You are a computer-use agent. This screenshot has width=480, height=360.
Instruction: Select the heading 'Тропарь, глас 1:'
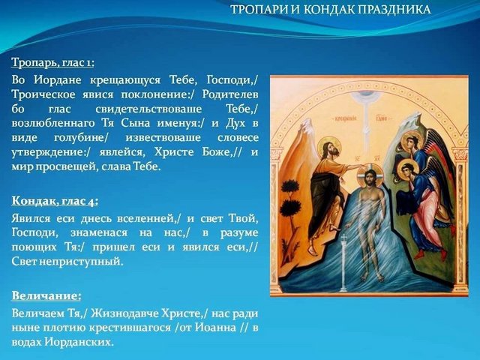[52, 63]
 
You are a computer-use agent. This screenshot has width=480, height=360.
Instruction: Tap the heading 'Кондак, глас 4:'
[55, 202]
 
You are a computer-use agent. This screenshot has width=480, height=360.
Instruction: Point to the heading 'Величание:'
[46, 296]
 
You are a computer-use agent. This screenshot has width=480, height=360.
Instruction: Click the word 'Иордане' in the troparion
[58, 80]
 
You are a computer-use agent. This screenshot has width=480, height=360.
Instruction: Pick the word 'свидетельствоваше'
[148, 109]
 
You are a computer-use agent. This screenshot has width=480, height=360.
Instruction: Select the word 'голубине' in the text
[81, 138]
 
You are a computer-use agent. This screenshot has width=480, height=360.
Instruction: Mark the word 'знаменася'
[99, 233]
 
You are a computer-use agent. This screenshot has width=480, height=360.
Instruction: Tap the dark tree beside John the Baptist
[291, 200]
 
